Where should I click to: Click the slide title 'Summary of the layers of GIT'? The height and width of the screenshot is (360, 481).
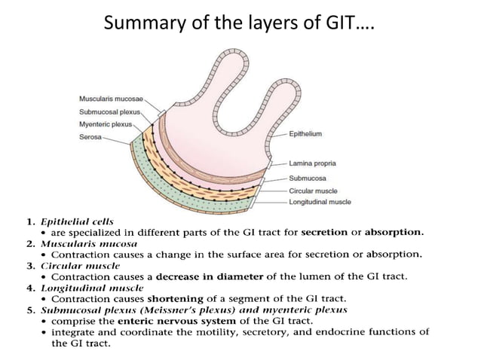coord(240,24)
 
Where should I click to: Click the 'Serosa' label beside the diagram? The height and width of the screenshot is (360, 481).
coord(90,137)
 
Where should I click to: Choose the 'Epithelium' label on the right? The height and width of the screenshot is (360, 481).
coord(305,133)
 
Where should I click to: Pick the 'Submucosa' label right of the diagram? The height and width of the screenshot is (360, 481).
coord(307,178)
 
